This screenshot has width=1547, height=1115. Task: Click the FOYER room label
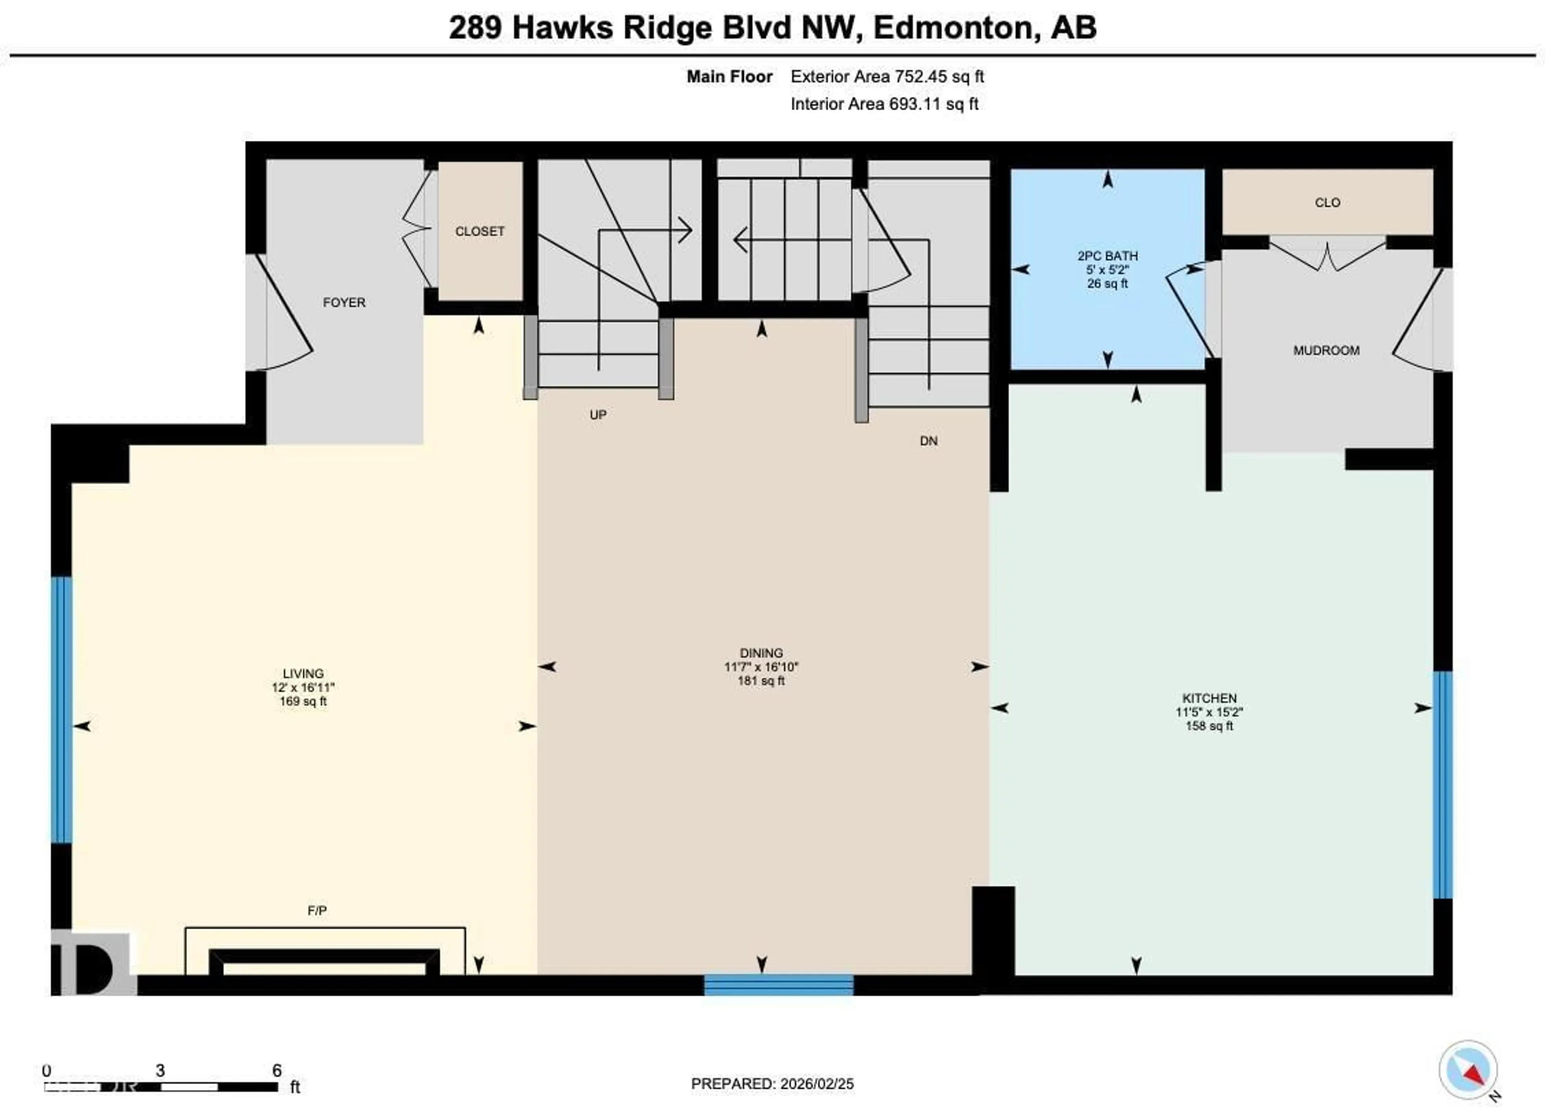(344, 302)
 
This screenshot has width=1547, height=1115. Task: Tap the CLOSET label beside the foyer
(479, 231)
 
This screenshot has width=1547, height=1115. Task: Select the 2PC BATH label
(1107, 256)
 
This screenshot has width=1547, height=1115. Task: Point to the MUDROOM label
(1326, 350)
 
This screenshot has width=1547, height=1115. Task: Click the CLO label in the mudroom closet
(1327, 203)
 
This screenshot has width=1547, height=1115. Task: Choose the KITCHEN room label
(1209, 698)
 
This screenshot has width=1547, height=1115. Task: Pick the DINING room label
(761, 653)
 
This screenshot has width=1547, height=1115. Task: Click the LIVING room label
(303, 673)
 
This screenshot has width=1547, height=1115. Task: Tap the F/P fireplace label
(317, 910)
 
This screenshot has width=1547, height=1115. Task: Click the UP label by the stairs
(597, 415)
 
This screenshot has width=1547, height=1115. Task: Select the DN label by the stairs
(928, 441)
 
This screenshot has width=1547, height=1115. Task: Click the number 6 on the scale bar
(277, 1070)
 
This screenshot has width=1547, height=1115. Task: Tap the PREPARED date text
(772, 1084)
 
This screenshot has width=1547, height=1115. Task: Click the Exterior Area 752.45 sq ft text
(887, 77)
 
